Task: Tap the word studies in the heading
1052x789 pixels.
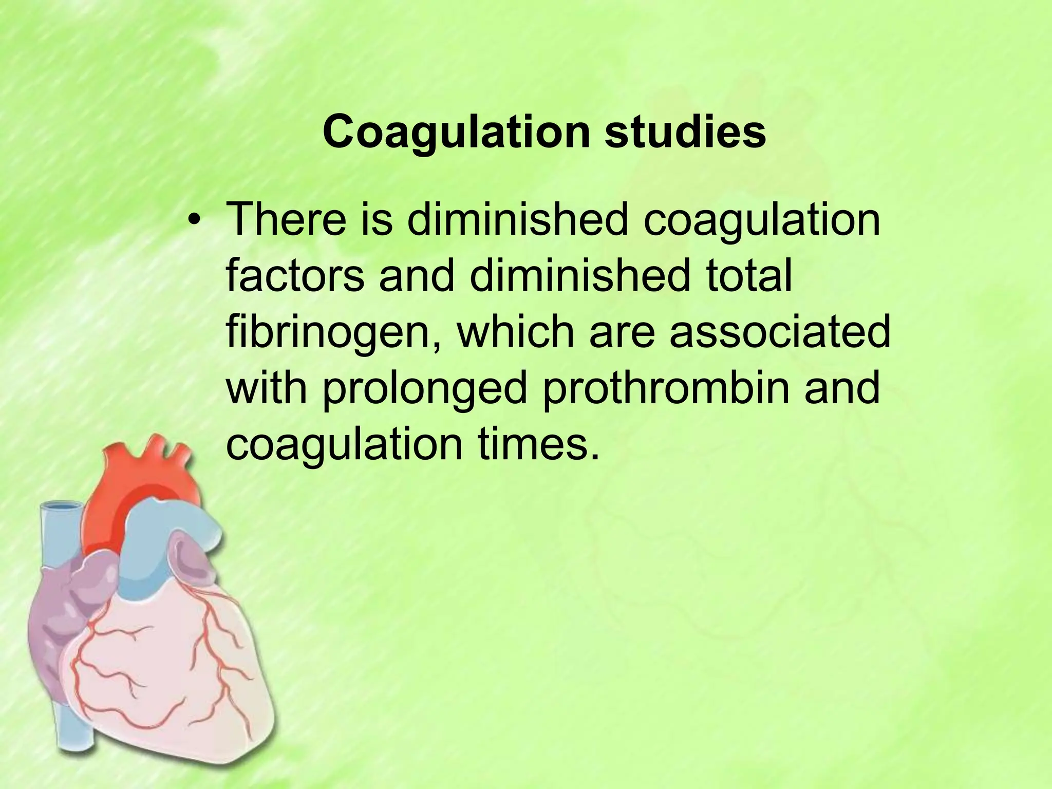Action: click(685, 132)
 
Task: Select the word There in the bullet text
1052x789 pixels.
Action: click(286, 220)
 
